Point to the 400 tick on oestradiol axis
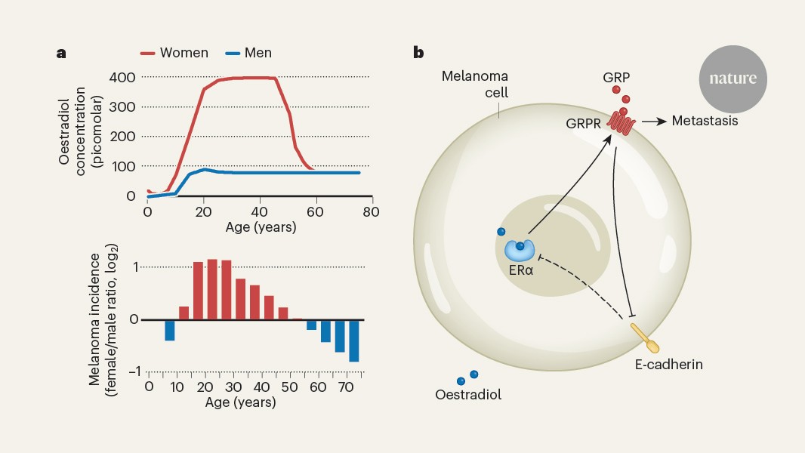(x=122, y=77)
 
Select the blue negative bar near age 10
(x=170, y=330)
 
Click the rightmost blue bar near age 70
(x=353, y=341)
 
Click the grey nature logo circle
(x=733, y=79)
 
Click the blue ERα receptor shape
(x=519, y=250)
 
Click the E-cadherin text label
(x=668, y=365)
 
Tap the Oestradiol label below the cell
(x=468, y=394)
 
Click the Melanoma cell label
(x=475, y=84)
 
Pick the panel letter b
(x=418, y=53)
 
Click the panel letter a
(x=60, y=54)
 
